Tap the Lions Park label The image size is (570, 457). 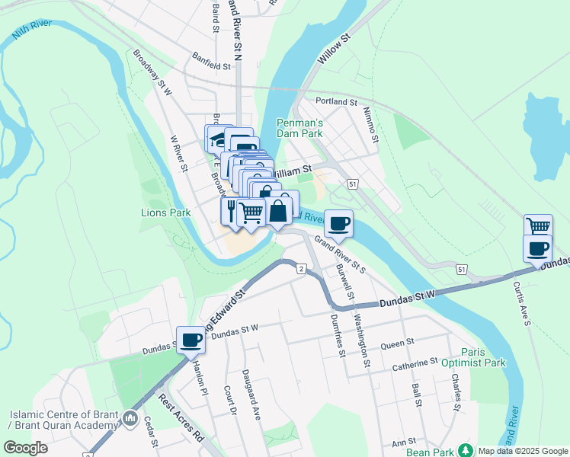click(165, 213)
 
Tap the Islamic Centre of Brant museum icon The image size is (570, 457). click(131, 418)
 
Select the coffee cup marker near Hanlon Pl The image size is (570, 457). click(191, 340)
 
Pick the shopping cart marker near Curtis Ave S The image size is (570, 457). click(538, 226)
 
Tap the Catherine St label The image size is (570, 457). click(415, 362)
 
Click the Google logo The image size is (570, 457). click(26, 448)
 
